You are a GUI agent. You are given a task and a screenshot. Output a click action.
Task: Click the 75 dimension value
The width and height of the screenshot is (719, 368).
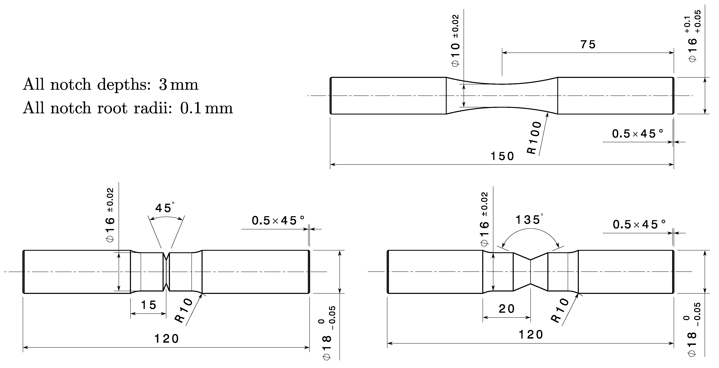pos(588,45)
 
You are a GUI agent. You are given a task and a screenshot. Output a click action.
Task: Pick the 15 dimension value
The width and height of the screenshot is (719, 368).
pos(149,305)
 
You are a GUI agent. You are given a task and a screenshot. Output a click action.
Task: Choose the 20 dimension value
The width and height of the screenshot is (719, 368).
pos(507,309)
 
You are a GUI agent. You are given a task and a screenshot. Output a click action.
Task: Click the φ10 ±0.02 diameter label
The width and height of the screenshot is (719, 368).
pos(455,41)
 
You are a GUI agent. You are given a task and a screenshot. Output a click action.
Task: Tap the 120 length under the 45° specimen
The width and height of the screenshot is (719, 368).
pos(167,339)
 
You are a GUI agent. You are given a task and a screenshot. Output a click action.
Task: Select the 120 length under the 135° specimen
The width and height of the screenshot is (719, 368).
pos(531,334)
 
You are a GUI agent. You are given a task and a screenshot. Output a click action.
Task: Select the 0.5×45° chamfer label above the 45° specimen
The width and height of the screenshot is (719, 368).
pos(278,220)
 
